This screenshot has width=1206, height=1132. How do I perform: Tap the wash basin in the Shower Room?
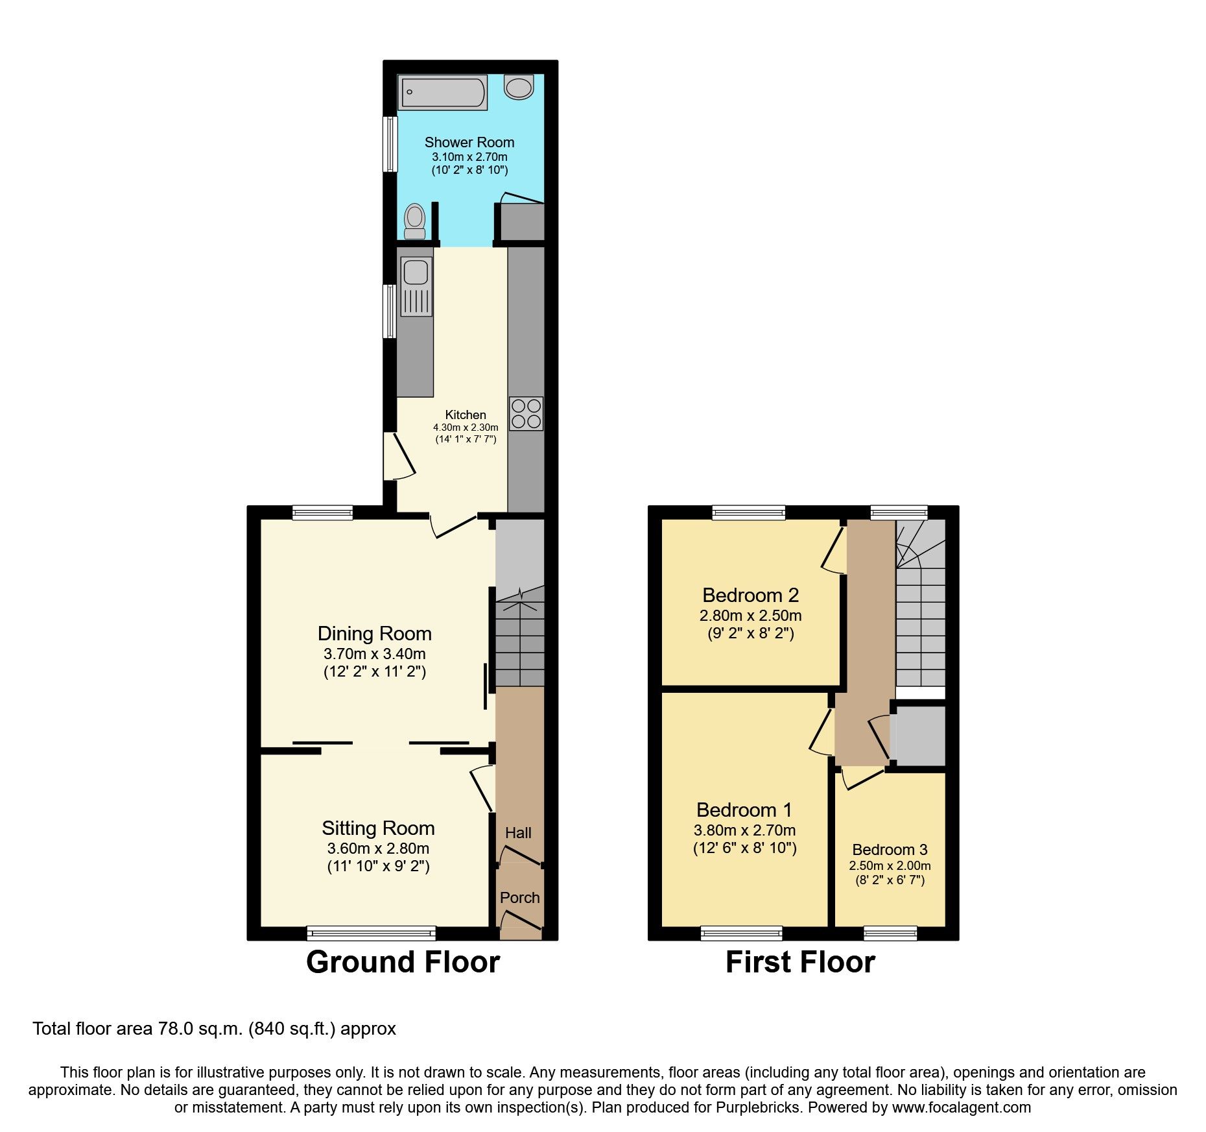coord(519,87)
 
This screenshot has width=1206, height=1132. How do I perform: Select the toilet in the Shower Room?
coord(414,221)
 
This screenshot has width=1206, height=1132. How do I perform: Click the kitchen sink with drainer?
coord(416,287)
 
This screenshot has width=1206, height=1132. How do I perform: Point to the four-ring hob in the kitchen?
coord(526,414)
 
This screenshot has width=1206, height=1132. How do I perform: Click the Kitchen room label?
coord(465,415)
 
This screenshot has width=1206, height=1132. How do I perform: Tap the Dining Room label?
coord(374,633)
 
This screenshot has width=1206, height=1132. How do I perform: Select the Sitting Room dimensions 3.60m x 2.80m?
coord(378,849)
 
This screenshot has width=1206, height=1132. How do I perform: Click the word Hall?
coord(518,833)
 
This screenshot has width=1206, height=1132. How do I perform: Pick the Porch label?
coord(519,898)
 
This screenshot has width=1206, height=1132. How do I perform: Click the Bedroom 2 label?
coord(750,595)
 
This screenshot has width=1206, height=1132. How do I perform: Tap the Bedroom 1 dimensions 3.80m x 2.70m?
coord(744,830)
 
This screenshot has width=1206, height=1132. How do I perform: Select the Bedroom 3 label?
coord(890,850)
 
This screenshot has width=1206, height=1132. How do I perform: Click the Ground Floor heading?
coord(403,962)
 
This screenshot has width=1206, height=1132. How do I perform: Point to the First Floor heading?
coord(800,962)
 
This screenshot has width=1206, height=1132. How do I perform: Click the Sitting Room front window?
coord(372,933)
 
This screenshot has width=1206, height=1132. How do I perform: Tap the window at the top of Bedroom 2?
coord(749,513)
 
